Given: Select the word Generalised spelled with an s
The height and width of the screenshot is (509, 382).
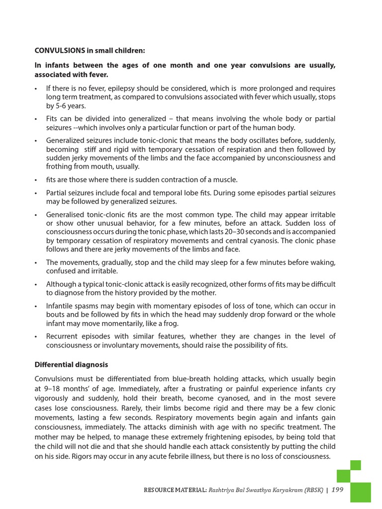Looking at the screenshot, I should tap(65, 214).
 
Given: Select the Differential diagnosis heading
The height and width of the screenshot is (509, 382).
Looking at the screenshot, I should tap(71, 364).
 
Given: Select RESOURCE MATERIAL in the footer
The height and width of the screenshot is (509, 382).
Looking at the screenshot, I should tap(175, 490).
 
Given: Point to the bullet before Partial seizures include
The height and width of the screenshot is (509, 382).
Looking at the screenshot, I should tap(36, 193).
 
